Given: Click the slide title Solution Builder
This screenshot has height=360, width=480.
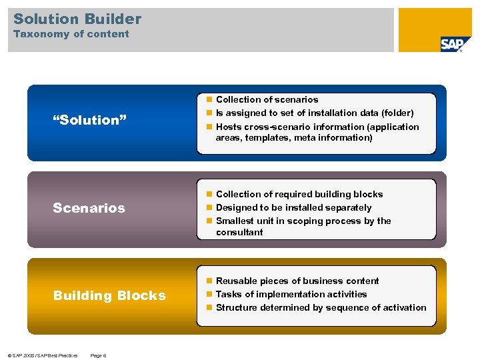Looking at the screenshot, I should pyautogui.click(x=77, y=19).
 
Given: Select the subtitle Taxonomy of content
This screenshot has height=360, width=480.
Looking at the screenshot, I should pyautogui.click(x=71, y=34).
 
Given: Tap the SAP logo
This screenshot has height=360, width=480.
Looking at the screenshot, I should pyautogui.click(x=455, y=43).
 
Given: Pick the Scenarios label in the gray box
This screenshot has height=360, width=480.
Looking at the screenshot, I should pyautogui.click(x=89, y=208).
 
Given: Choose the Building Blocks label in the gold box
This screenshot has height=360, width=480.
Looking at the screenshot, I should pyautogui.click(x=109, y=295).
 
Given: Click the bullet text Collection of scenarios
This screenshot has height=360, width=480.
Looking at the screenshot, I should pyautogui.click(x=267, y=99).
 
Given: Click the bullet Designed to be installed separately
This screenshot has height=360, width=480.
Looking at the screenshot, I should pyautogui.click(x=293, y=207).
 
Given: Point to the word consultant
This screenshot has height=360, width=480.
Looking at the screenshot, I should pyautogui.click(x=239, y=232).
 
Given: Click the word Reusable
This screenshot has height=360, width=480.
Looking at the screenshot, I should pyautogui.click(x=237, y=281).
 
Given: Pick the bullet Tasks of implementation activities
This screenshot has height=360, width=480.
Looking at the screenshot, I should pyautogui.click(x=291, y=294).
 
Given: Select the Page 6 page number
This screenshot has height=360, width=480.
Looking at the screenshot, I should pyautogui.click(x=98, y=355).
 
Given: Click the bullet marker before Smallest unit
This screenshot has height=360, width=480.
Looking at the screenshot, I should pyautogui.click(x=209, y=221).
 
